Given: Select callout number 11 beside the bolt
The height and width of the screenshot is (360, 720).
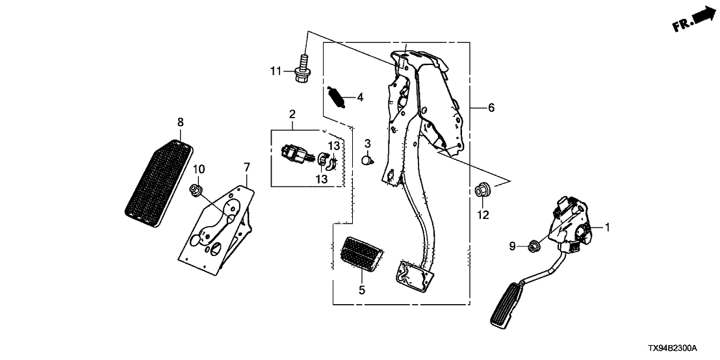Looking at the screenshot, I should pyautogui.click(x=276, y=70).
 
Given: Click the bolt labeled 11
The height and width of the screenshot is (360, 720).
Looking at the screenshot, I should pyautogui.click(x=302, y=68).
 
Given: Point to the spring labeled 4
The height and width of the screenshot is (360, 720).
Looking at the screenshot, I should pyautogui.click(x=336, y=98).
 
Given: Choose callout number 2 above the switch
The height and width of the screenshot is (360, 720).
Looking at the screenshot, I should pyautogui.click(x=292, y=114).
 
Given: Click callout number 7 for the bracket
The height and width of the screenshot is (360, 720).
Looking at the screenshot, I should pyautogui.click(x=247, y=168).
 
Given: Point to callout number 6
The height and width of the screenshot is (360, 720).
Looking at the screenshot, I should pyautogui.click(x=491, y=108).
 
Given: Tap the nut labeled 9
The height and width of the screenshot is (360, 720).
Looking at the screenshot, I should pyautogui.click(x=534, y=246).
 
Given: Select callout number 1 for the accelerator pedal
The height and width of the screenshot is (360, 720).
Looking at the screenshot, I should pyautogui.click(x=608, y=227).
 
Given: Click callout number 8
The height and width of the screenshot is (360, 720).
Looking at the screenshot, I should pyautogui.click(x=180, y=122).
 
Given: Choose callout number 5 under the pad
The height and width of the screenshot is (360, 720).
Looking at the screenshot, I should pyautogui.click(x=362, y=290).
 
